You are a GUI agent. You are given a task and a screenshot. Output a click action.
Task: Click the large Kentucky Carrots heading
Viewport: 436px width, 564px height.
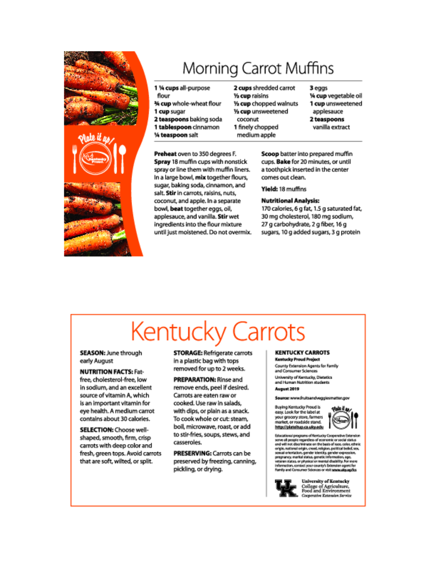(218, 332)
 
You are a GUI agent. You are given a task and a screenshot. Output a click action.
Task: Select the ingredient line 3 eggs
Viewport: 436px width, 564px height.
(319, 88)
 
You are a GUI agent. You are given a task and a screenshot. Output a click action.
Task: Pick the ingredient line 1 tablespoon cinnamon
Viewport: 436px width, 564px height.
(186, 127)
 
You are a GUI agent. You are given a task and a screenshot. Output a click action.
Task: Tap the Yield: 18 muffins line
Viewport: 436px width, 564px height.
(284, 189)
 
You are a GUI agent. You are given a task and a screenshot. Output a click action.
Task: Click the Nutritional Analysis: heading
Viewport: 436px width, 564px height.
(290, 200)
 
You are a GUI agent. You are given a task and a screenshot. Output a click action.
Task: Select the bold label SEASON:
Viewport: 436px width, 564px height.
(92, 353)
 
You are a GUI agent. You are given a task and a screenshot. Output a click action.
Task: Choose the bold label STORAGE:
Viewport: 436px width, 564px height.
(188, 353)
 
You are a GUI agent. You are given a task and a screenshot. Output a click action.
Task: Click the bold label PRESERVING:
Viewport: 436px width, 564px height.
(189, 453)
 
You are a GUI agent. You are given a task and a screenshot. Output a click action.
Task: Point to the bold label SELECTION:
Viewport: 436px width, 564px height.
(96, 430)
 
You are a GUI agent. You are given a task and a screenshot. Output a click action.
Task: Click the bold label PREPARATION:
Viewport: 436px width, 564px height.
(192, 380)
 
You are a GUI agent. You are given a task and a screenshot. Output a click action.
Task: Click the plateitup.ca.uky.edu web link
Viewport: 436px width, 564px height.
(299, 427)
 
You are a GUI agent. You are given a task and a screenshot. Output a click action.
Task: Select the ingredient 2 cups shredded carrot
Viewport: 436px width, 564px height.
(264, 88)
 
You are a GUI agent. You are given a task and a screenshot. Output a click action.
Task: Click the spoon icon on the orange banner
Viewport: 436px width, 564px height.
(122, 157)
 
